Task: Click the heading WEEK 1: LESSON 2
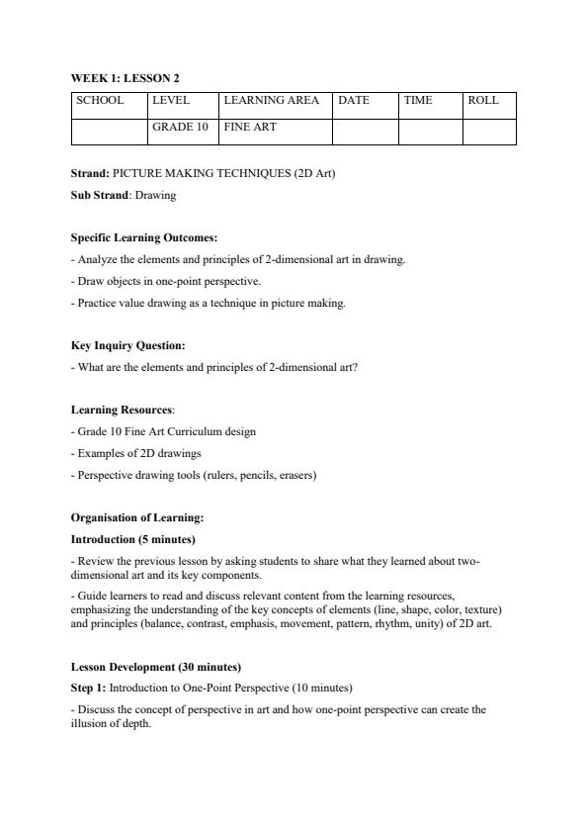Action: click(x=125, y=78)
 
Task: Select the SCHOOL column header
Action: click(x=100, y=101)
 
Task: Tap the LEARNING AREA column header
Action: click(x=271, y=101)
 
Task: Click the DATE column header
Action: click(x=354, y=101)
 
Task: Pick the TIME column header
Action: click(x=418, y=101)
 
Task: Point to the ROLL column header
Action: click(x=483, y=101)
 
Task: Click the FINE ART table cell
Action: click(x=250, y=128)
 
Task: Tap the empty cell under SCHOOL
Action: click(x=109, y=132)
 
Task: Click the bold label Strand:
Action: click(x=90, y=173)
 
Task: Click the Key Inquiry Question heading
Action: click(x=127, y=346)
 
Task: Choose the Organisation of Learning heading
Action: click(x=137, y=517)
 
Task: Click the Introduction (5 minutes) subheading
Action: click(x=132, y=539)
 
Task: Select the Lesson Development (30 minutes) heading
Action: click(x=155, y=667)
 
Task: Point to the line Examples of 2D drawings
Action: click(x=139, y=453)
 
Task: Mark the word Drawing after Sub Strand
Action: click(x=155, y=195)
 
